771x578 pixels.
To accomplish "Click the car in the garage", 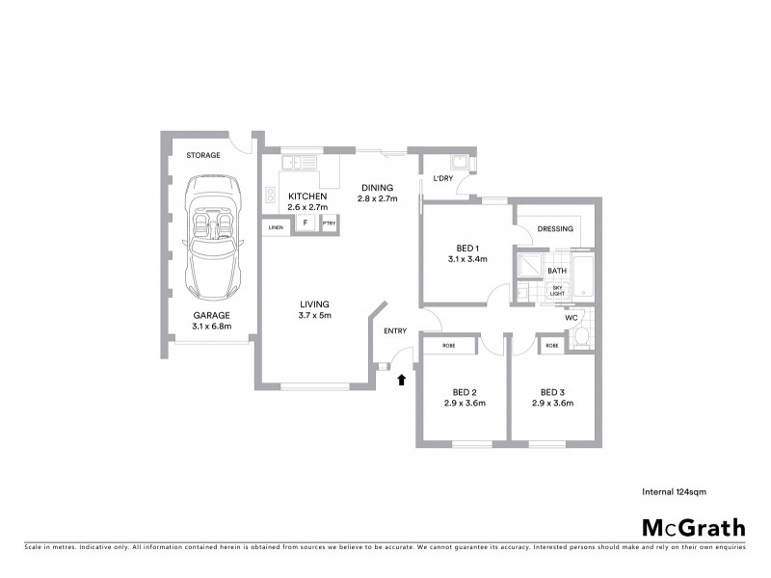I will click(211, 236).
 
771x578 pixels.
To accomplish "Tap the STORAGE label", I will click(202, 155).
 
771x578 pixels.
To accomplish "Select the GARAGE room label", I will click(211, 314).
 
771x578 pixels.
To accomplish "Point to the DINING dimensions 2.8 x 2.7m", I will click(378, 198).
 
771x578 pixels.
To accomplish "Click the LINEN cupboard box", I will click(275, 227).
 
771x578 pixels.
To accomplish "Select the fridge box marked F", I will click(306, 223).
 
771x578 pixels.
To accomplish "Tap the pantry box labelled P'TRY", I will click(330, 223).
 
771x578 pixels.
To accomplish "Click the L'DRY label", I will click(442, 178).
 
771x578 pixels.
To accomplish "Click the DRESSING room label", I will click(556, 229).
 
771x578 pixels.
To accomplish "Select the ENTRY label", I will click(395, 331).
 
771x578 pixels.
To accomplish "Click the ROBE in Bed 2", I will click(448, 345).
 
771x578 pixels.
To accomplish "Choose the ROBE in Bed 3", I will click(552, 345).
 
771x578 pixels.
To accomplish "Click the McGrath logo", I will click(693, 527).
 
